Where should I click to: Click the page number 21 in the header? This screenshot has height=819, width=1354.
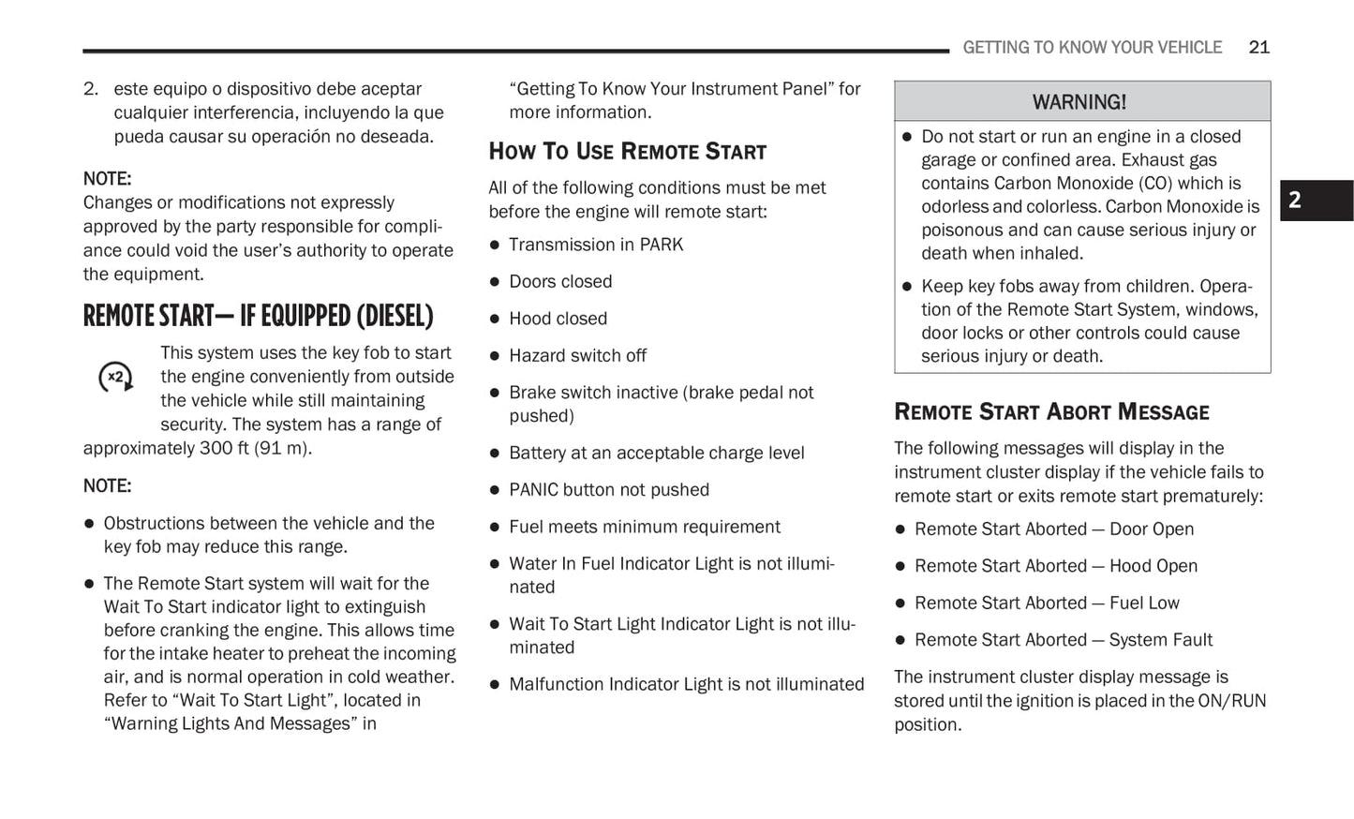click(x=1258, y=47)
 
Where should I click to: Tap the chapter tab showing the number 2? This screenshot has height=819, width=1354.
click(x=1316, y=200)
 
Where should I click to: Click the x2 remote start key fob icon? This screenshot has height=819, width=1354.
click(x=116, y=377)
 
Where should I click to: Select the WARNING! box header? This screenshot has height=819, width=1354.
click(x=1081, y=101)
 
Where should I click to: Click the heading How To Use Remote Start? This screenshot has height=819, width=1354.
click(x=627, y=151)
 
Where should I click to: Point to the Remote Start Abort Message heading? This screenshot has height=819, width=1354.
click(x=1051, y=411)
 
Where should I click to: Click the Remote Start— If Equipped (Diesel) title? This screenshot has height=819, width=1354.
click(x=258, y=316)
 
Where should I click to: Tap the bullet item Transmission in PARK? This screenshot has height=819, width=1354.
click(x=595, y=245)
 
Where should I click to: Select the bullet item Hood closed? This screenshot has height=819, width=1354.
click(x=558, y=319)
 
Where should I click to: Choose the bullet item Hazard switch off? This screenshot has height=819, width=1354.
click(x=577, y=355)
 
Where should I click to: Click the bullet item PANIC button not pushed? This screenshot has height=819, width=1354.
click(x=608, y=489)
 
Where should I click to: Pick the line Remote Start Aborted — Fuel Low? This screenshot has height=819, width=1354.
click(x=1047, y=603)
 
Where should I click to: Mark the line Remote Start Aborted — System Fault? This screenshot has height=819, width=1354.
click(x=1063, y=640)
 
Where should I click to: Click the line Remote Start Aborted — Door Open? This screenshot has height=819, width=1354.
click(x=1053, y=529)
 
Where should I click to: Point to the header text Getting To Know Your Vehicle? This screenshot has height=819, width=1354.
click(x=1092, y=47)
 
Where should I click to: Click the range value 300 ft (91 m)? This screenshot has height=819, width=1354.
click(x=254, y=448)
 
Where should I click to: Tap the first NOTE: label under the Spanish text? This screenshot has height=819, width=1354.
click(x=107, y=178)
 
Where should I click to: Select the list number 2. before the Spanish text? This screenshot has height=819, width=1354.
click(x=91, y=89)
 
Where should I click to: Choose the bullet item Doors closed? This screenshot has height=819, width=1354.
click(x=559, y=281)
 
